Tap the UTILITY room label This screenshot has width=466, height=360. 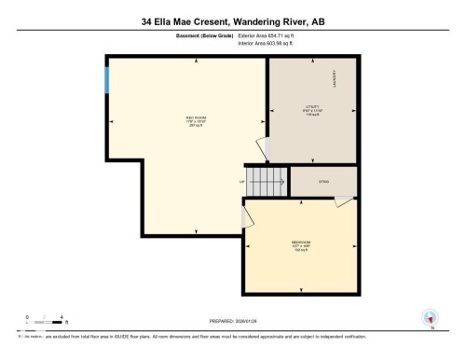pyautogui.click(x=312, y=107)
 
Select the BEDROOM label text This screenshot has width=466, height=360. pyautogui.click(x=300, y=241)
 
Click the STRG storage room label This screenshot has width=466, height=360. pyautogui.click(x=324, y=182)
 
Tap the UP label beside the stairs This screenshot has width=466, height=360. pyautogui.click(x=242, y=181)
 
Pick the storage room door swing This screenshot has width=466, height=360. pyautogui.click(x=344, y=201)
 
